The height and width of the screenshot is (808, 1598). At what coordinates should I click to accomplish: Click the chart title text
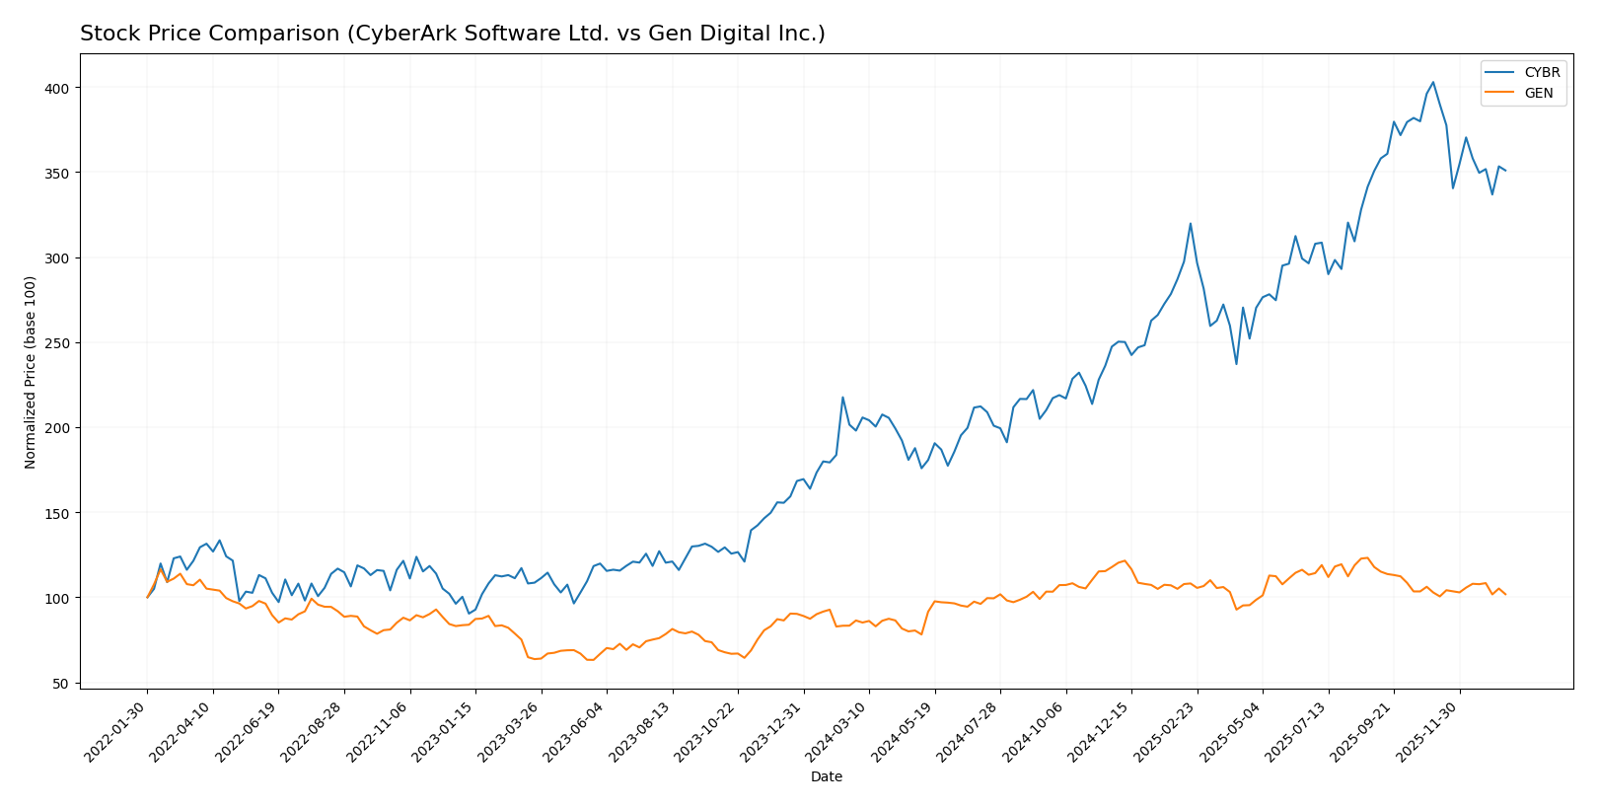pos(452,34)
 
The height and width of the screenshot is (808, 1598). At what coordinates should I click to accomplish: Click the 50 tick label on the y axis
pos(60,684)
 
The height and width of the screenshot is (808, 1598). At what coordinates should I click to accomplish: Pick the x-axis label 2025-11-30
pos(1429,731)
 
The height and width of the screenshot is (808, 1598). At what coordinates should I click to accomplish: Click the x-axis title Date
pos(826,777)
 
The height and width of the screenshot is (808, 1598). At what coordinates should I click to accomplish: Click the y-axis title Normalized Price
pos(31,372)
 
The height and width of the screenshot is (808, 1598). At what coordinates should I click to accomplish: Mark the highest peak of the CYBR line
pos(1432,82)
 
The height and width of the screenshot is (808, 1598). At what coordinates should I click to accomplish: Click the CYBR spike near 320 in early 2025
pos(1190,223)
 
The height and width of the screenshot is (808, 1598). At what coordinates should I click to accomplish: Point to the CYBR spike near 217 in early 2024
pos(842,398)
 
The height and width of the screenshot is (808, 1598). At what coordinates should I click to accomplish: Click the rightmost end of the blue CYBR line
pos(1505,171)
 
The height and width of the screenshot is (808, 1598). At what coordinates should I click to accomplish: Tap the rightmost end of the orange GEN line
pos(1505,595)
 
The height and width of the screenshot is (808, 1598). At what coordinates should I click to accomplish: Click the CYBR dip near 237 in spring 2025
pos(1236,364)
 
